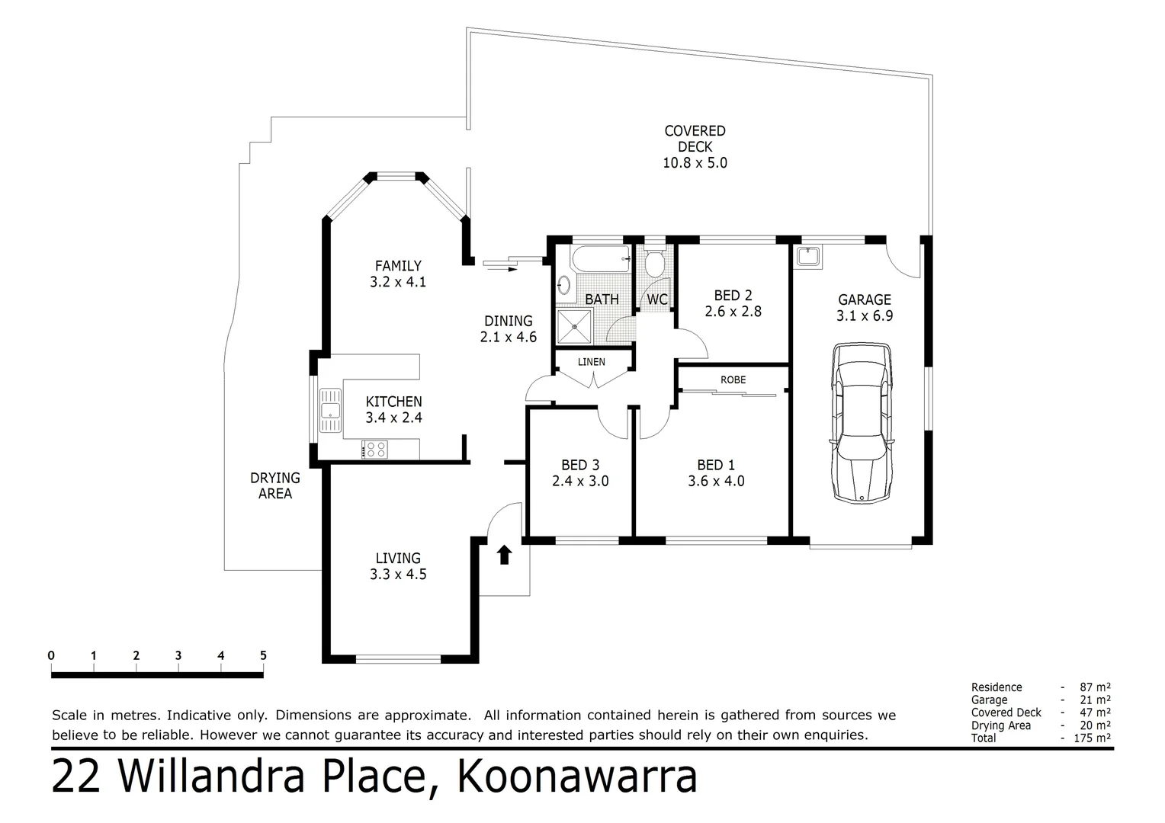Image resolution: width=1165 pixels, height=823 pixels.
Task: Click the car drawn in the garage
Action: coord(862,423)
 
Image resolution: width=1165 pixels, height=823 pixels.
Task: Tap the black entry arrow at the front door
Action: coord(503,555)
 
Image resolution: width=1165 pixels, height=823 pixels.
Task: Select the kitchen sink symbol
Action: coord(330,411)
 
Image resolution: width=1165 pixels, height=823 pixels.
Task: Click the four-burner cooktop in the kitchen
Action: coord(374,450)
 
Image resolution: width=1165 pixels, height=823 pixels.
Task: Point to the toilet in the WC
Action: coord(654,264)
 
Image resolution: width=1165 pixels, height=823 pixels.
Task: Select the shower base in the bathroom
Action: coord(574,327)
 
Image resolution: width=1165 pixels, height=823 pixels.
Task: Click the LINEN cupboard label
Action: coord(591,362)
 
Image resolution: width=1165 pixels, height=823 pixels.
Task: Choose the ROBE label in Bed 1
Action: coord(733,379)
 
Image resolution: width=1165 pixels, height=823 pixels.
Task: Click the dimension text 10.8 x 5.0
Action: coord(695,163)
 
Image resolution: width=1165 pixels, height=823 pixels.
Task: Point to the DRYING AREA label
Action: coord(275,485)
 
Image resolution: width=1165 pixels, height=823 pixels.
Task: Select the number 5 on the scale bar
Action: coord(263,655)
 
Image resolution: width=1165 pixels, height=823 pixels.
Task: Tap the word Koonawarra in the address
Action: coord(576,777)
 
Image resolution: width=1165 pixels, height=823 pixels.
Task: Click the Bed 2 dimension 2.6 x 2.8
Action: coord(733,312)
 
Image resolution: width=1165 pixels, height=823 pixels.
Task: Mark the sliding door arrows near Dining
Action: coord(500,264)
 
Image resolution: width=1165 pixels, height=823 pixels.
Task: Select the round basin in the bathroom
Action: coord(563,286)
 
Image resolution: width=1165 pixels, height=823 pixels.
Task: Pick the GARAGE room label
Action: coord(864,299)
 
